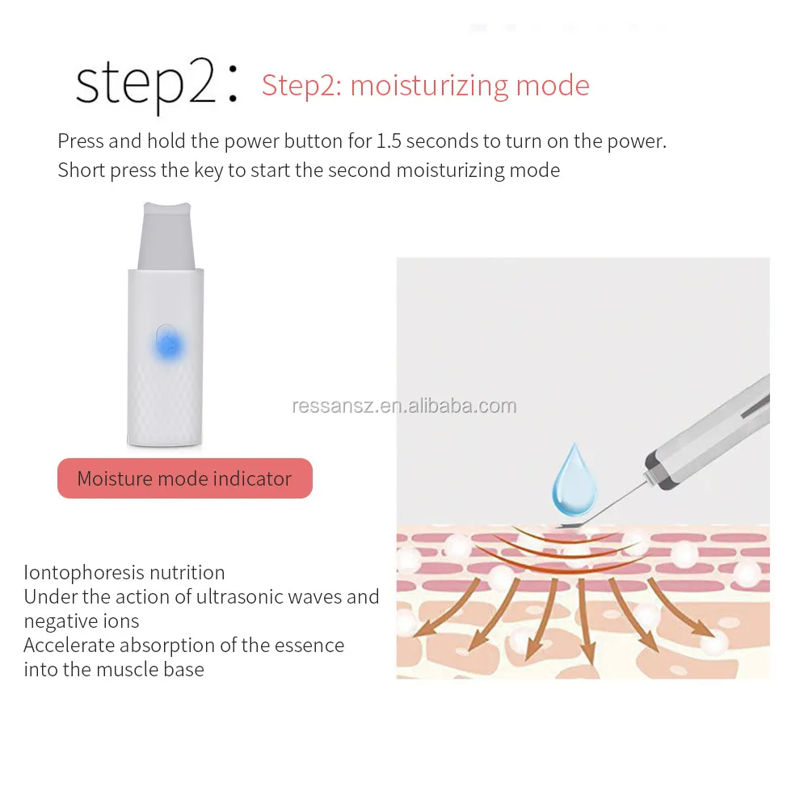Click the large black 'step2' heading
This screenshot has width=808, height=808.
pos(145,86)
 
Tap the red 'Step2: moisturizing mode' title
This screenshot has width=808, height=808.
pos(425,86)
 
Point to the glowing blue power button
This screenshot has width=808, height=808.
pos(169,345)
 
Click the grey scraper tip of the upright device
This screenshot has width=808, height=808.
pos(165,234)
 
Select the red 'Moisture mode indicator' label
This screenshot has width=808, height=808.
pos(184,478)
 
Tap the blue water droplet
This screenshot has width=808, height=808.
pos(574,481)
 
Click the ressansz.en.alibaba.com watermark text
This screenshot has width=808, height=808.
pos(403,406)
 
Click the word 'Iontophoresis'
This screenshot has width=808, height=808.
pos(75,573)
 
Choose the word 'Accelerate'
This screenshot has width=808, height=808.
pos(68,646)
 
